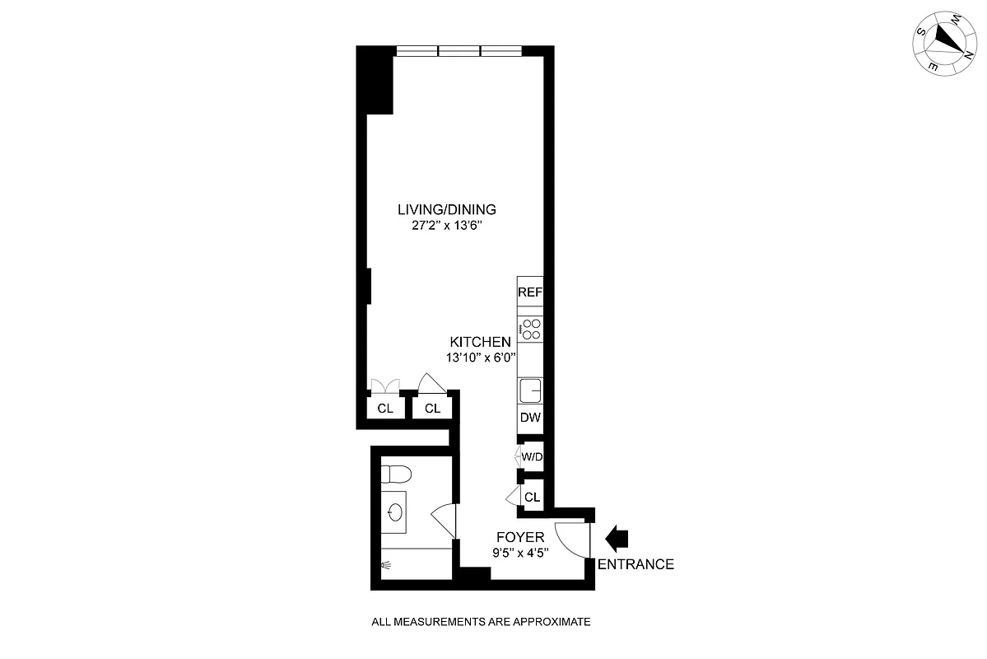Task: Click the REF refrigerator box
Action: click(x=530, y=292)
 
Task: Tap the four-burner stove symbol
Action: click(x=531, y=329)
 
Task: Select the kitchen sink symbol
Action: click(x=531, y=390)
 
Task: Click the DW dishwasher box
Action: click(x=530, y=418)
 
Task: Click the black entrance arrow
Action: click(x=617, y=539)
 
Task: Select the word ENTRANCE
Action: click(x=635, y=564)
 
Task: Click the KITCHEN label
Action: click(x=481, y=342)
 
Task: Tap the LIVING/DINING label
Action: click(x=446, y=209)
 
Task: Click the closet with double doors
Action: click(x=385, y=408)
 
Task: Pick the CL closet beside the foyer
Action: click(x=532, y=497)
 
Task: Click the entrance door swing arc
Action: click(x=573, y=540)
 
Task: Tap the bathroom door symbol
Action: click(x=444, y=519)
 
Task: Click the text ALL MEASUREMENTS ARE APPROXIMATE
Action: click(x=482, y=623)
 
